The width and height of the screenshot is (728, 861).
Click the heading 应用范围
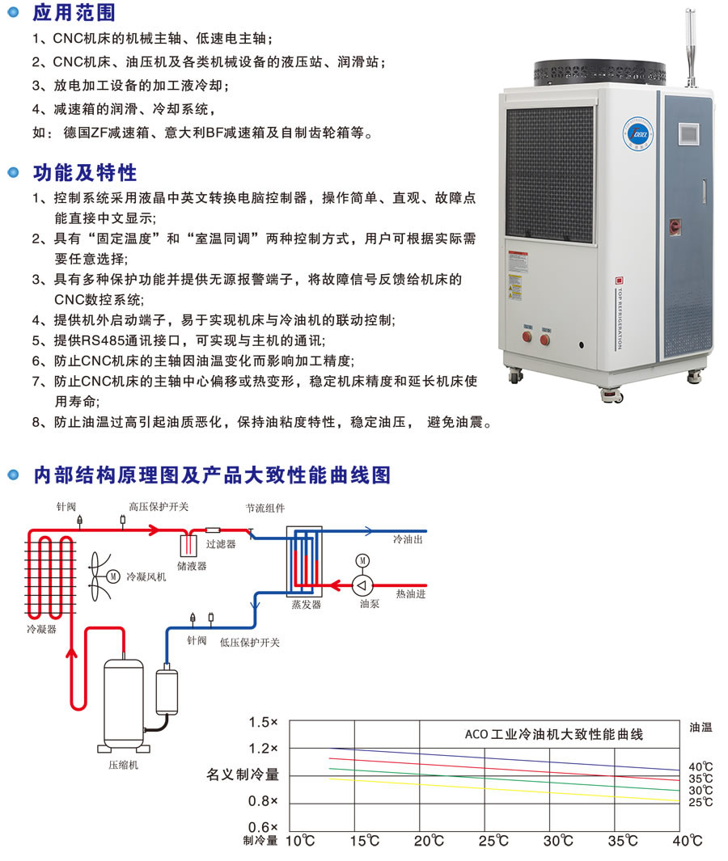click(x=74, y=13)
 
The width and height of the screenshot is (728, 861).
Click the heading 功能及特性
click(x=85, y=173)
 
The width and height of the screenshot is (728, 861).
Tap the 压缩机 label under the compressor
click(x=123, y=764)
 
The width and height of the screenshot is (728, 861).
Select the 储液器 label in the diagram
click(x=192, y=566)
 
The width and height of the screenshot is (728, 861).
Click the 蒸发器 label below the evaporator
click(x=307, y=604)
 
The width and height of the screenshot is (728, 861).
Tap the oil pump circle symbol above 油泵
click(x=363, y=585)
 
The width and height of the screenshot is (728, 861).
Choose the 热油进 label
click(x=410, y=594)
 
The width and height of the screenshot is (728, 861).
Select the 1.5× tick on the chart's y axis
click(x=264, y=721)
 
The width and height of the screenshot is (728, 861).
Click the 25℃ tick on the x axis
click(x=493, y=841)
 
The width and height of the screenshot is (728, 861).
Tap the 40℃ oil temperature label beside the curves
click(x=700, y=766)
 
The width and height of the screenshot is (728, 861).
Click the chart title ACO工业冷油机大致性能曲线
click(x=554, y=735)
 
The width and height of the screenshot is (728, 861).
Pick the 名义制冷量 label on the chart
click(x=243, y=774)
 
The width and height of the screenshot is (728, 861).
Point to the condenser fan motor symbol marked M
click(x=113, y=576)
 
